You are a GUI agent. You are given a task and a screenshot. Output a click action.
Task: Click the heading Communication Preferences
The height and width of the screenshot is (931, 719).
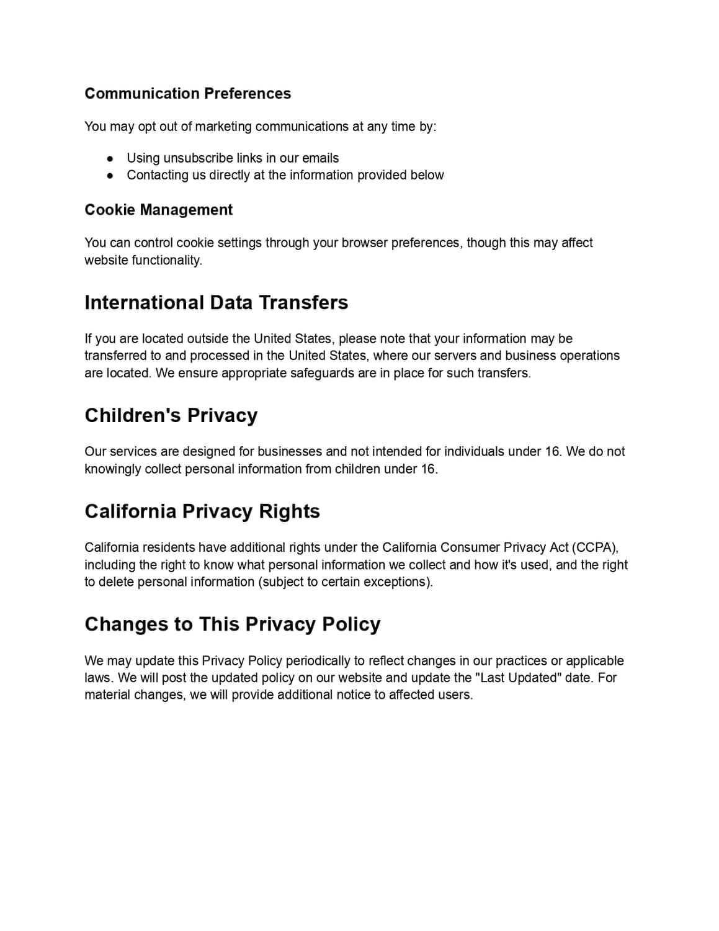tap(187, 94)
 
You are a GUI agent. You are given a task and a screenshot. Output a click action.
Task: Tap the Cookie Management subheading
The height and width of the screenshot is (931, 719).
tap(158, 210)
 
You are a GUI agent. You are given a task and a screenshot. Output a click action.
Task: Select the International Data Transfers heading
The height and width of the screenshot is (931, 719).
tap(216, 302)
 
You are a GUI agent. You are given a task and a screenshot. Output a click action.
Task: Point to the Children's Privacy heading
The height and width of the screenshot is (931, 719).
tap(171, 415)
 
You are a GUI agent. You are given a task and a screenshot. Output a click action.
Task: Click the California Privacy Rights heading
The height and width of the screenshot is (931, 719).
tap(202, 511)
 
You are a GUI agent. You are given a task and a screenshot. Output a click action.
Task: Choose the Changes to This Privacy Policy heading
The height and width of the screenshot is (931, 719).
tap(232, 624)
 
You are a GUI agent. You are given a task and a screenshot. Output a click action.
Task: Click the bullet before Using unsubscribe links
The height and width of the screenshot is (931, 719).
tap(110, 158)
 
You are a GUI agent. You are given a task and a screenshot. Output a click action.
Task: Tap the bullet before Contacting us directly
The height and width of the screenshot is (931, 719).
tap(110, 176)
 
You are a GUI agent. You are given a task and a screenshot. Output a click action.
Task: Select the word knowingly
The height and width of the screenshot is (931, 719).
tap(112, 469)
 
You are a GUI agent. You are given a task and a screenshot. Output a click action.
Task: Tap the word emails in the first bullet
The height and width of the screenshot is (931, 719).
tap(320, 158)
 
